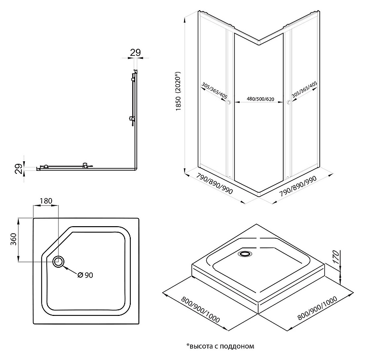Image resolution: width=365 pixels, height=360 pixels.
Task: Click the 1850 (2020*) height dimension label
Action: [x=178, y=92]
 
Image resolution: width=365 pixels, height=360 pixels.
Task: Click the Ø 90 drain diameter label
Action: [x=85, y=275]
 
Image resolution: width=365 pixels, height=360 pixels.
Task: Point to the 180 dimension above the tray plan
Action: [x=46, y=201]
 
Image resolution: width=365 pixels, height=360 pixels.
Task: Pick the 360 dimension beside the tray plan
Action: [x=14, y=240]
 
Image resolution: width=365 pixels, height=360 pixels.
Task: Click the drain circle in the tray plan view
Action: [x=59, y=262]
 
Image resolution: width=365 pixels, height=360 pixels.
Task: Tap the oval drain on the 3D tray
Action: [x=247, y=254]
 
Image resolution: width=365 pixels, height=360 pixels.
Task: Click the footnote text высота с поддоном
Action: [x=220, y=346]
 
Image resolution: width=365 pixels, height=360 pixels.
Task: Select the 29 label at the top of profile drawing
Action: [x=135, y=52]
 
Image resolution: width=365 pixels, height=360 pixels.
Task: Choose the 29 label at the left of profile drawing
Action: [x=18, y=168]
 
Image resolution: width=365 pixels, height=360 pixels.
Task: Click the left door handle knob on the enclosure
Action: [x=230, y=103]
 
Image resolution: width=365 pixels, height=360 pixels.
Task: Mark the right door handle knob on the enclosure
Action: [x=288, y=103]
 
